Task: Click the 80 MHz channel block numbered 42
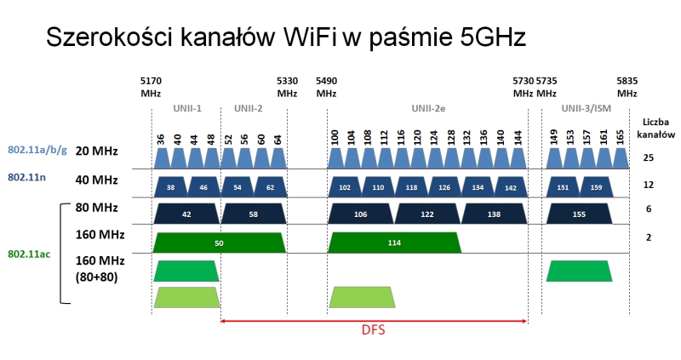point(186,214)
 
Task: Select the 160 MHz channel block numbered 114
point(394,243)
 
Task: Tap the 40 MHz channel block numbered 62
point(270,187)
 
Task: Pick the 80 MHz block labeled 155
point(579,214)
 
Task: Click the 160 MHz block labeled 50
point(220,243)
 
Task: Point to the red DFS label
point(374,330)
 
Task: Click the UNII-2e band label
point(428,109)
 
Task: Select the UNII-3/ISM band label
point(586,109)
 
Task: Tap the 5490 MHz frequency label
point(326,88)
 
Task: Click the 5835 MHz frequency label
point(627,88)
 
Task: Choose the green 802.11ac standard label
point(29,254)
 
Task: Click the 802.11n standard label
point(27,177)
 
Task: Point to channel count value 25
point(649,157)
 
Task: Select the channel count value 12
point(649,185)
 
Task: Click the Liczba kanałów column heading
point(655,129)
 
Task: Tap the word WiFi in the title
point(310,37)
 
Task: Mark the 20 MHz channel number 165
point(620,137)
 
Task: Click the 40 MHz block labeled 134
point(478,187)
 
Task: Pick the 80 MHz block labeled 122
point(427,214)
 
